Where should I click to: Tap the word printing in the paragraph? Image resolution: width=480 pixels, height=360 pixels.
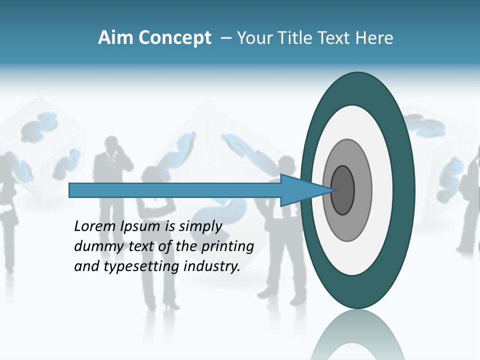click(228, 246)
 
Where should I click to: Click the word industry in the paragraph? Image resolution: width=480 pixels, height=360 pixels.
click(212, 266)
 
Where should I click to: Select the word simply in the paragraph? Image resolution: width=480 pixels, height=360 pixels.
click(200, 226)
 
